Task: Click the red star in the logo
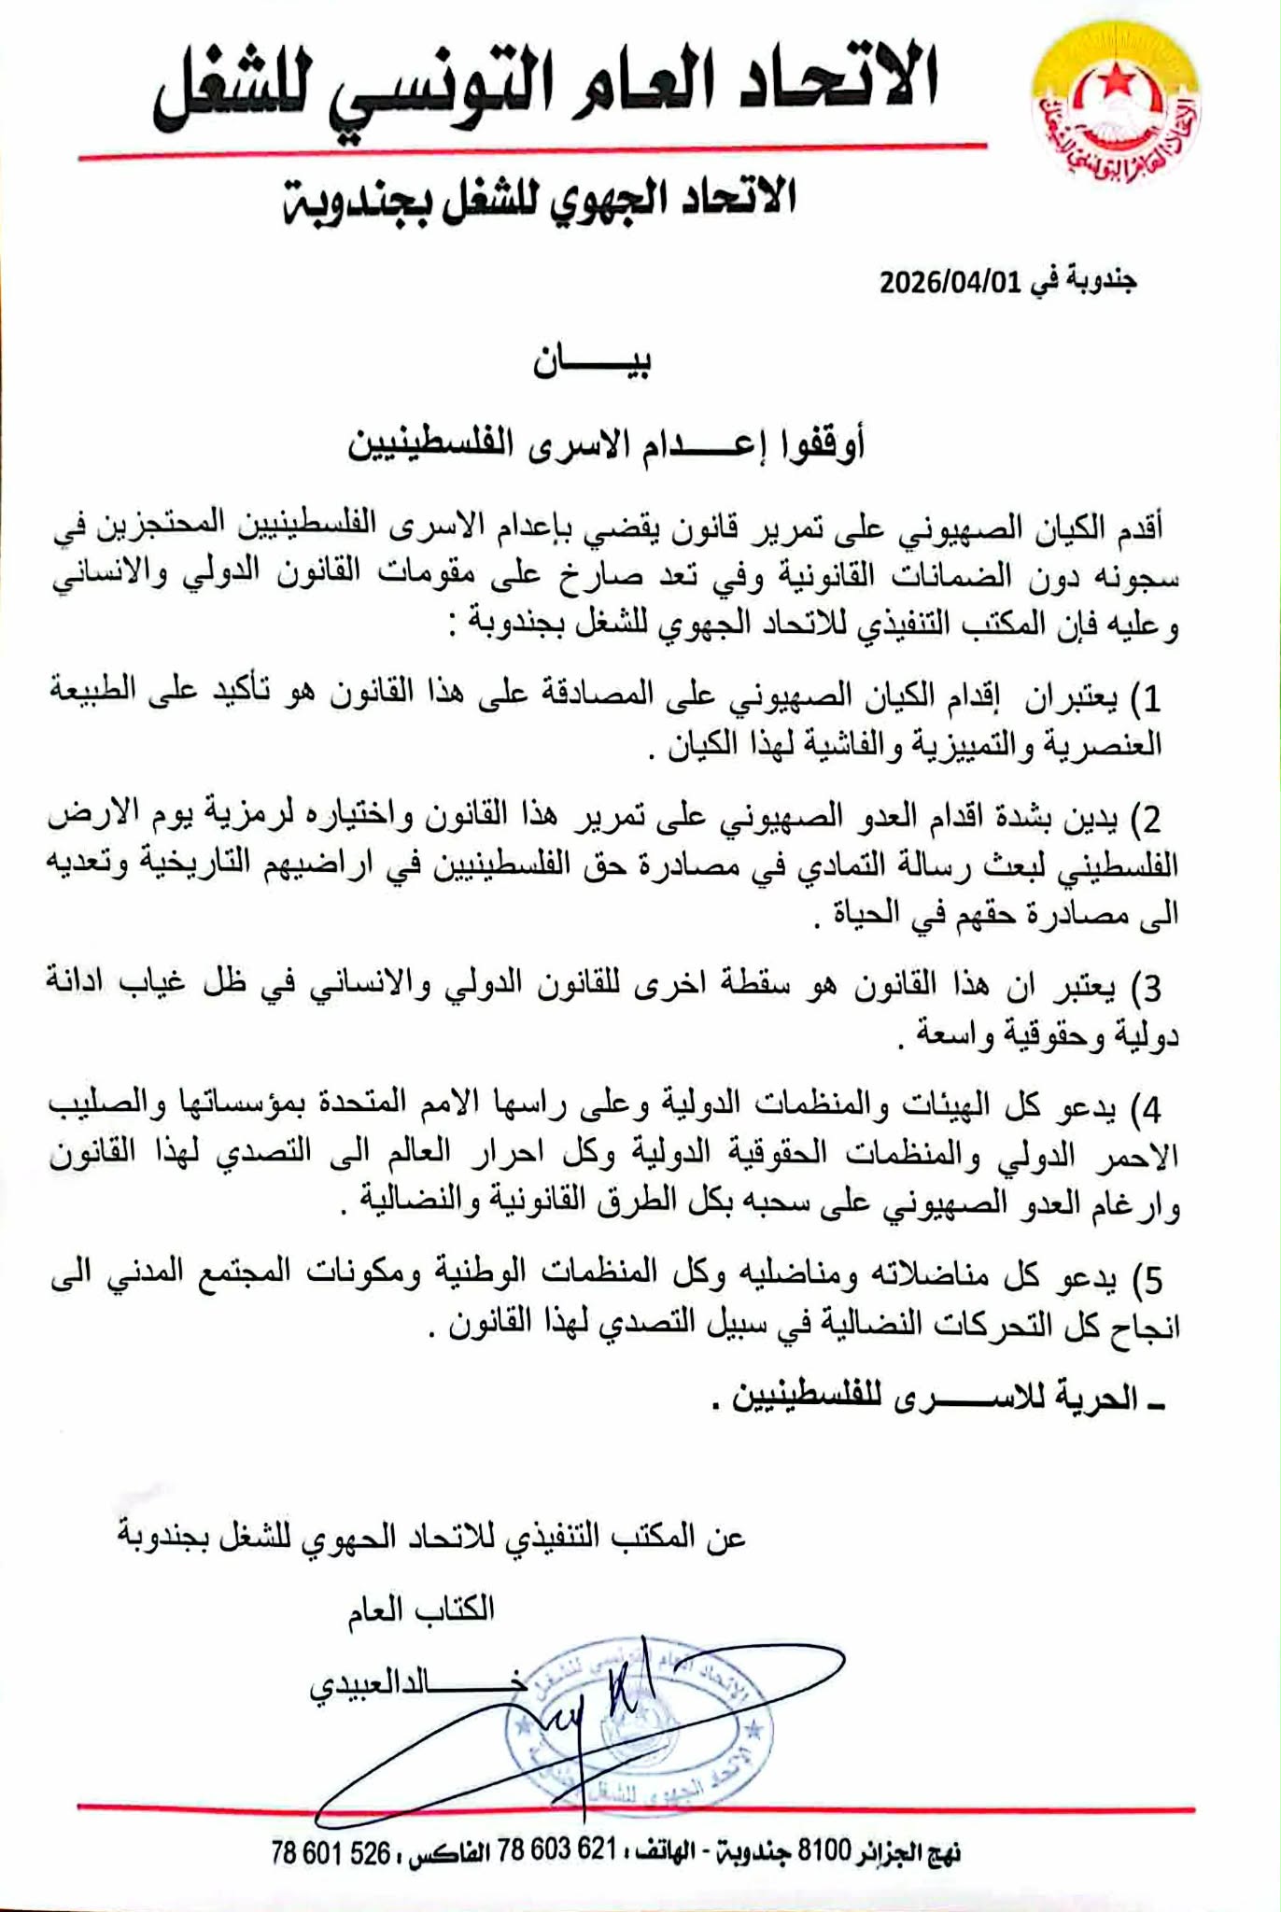[x=1113, y=88]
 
